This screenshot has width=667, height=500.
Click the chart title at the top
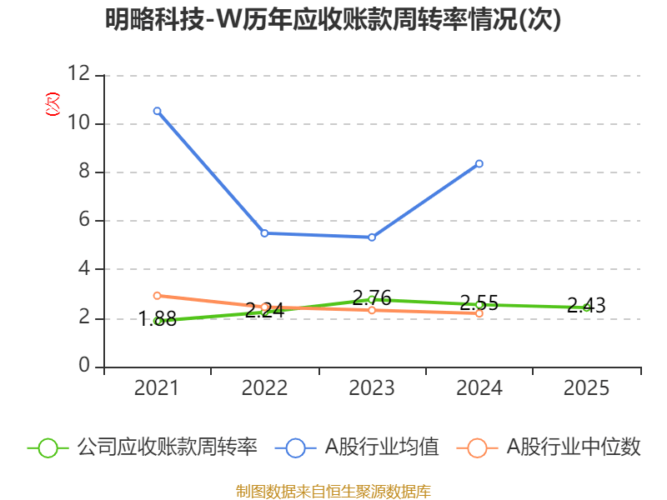(333, 20)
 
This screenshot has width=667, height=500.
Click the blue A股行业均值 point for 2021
(157, 111)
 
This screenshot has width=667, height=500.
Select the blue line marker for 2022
(264, 233)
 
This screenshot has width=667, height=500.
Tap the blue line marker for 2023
(372, 237)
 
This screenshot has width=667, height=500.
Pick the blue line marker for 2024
(479, 163)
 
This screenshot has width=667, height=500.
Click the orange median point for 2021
(157, 296)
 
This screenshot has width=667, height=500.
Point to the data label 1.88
(157, 318)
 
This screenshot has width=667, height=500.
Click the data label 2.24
(264, 311)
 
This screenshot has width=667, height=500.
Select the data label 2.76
(372, 297)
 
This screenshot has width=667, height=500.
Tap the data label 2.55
(479, 302)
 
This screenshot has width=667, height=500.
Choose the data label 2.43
(586, 306)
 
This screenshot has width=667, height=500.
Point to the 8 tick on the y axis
(84, 172)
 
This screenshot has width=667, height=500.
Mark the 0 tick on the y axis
(84, 367)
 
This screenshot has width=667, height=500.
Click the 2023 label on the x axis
(372, 388)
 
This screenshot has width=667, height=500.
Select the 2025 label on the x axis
(586, 388)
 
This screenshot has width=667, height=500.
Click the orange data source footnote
(333, 491)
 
